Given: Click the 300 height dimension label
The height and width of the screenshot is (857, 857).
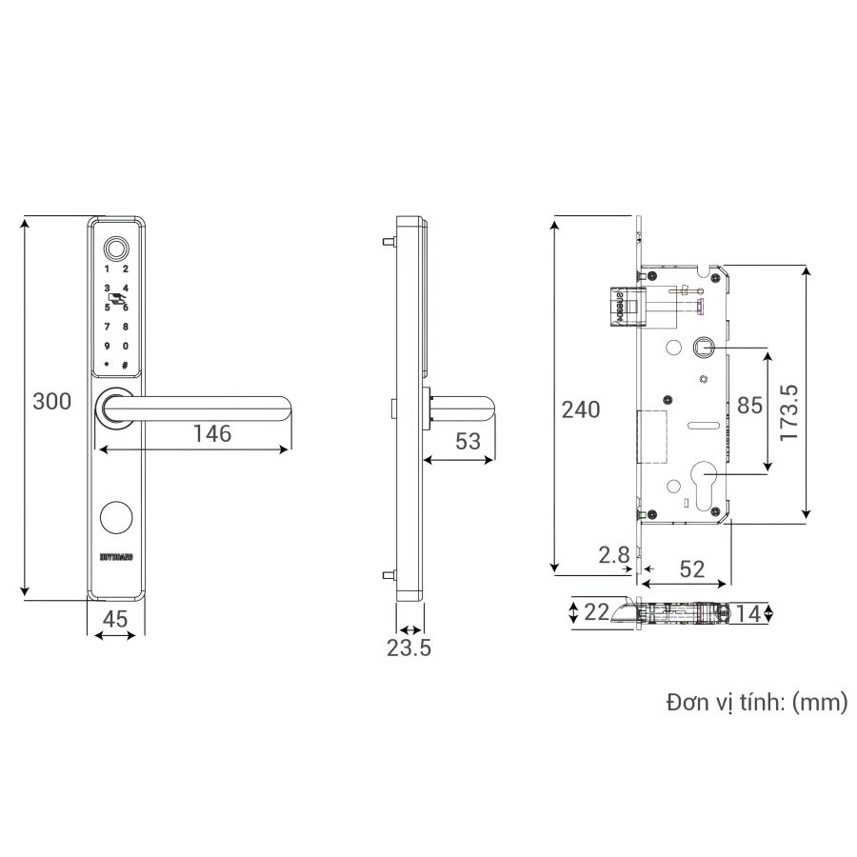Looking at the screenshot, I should click(x=51, y=402).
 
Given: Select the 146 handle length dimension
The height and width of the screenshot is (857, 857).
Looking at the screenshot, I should click(x=211, y=434).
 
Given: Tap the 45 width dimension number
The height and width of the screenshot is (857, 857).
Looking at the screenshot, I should click(x=115, y=619).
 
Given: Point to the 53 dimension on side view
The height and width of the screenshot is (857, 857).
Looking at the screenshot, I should click(x=468, y=441).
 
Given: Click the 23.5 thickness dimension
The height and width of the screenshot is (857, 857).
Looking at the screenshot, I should click(x=409, y=648).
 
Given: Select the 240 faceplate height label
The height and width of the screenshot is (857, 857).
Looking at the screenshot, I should click(x=581, y=410).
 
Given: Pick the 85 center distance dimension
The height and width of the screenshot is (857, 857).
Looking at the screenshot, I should click(x=750, y=406).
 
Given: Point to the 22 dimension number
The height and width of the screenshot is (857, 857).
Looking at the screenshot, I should click(x=596, y=613).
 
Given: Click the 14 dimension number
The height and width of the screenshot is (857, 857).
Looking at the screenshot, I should click(x=748, y=614).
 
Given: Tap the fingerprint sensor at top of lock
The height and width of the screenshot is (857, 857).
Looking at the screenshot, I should click(x=116, y=247).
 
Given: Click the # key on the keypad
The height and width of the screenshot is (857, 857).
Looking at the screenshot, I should click(x=125, y=365).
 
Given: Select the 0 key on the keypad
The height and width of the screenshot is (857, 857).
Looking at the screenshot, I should click(x=125, y=346).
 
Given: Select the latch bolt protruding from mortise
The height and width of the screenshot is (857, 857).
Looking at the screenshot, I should click(x=622, y=306).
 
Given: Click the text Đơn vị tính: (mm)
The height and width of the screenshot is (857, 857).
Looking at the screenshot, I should click(x=756, y=704).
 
